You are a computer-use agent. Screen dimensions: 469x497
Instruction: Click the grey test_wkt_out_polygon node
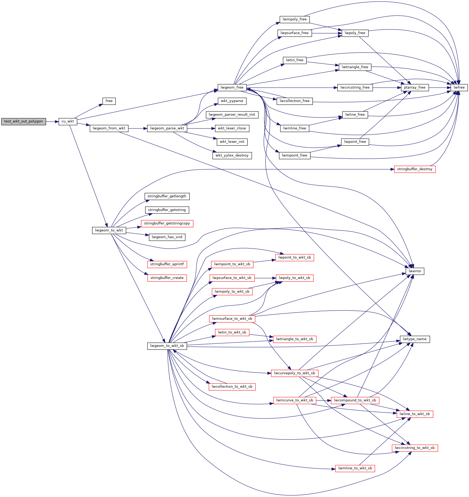tap(23, 121)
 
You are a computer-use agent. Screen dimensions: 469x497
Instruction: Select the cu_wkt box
tap(68, 121)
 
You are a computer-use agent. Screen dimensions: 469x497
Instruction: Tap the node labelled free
tap(109, 101)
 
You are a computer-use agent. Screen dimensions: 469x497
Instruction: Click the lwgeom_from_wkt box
tap(109, 128)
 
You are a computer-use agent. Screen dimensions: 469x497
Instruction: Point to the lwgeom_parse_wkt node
tap(167, 128)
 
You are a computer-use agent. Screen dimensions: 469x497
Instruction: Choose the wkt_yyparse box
tap(232, 101)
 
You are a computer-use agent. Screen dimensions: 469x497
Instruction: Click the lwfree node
tap(459, 88)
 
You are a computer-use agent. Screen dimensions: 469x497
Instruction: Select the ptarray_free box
tap(415, 88)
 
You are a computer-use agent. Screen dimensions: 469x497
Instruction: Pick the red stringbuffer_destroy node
tap(415, 169)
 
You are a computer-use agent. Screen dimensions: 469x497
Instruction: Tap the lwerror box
tap(415, 271)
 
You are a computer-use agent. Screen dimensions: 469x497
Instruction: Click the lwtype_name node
tap(415, 339)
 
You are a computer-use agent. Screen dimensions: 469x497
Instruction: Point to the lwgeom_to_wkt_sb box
tap(167, 346)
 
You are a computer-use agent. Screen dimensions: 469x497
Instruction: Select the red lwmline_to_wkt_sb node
tap(355, 468)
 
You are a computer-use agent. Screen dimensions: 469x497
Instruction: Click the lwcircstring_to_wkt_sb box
tap(415, 448)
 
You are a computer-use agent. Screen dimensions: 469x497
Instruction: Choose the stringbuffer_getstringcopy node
tap(167, 223)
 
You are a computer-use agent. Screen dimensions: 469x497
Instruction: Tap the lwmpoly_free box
tap(295, 19)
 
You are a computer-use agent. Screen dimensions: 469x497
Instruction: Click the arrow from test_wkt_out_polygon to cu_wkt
tap(52, 122)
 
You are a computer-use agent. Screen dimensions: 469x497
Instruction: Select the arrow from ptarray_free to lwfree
tap(440, 88)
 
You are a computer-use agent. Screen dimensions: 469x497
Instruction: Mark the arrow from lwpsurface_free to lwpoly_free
tap(327, 33)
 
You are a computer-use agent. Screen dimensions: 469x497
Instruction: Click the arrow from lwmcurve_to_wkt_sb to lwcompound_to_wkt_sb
tap(324, 400)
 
